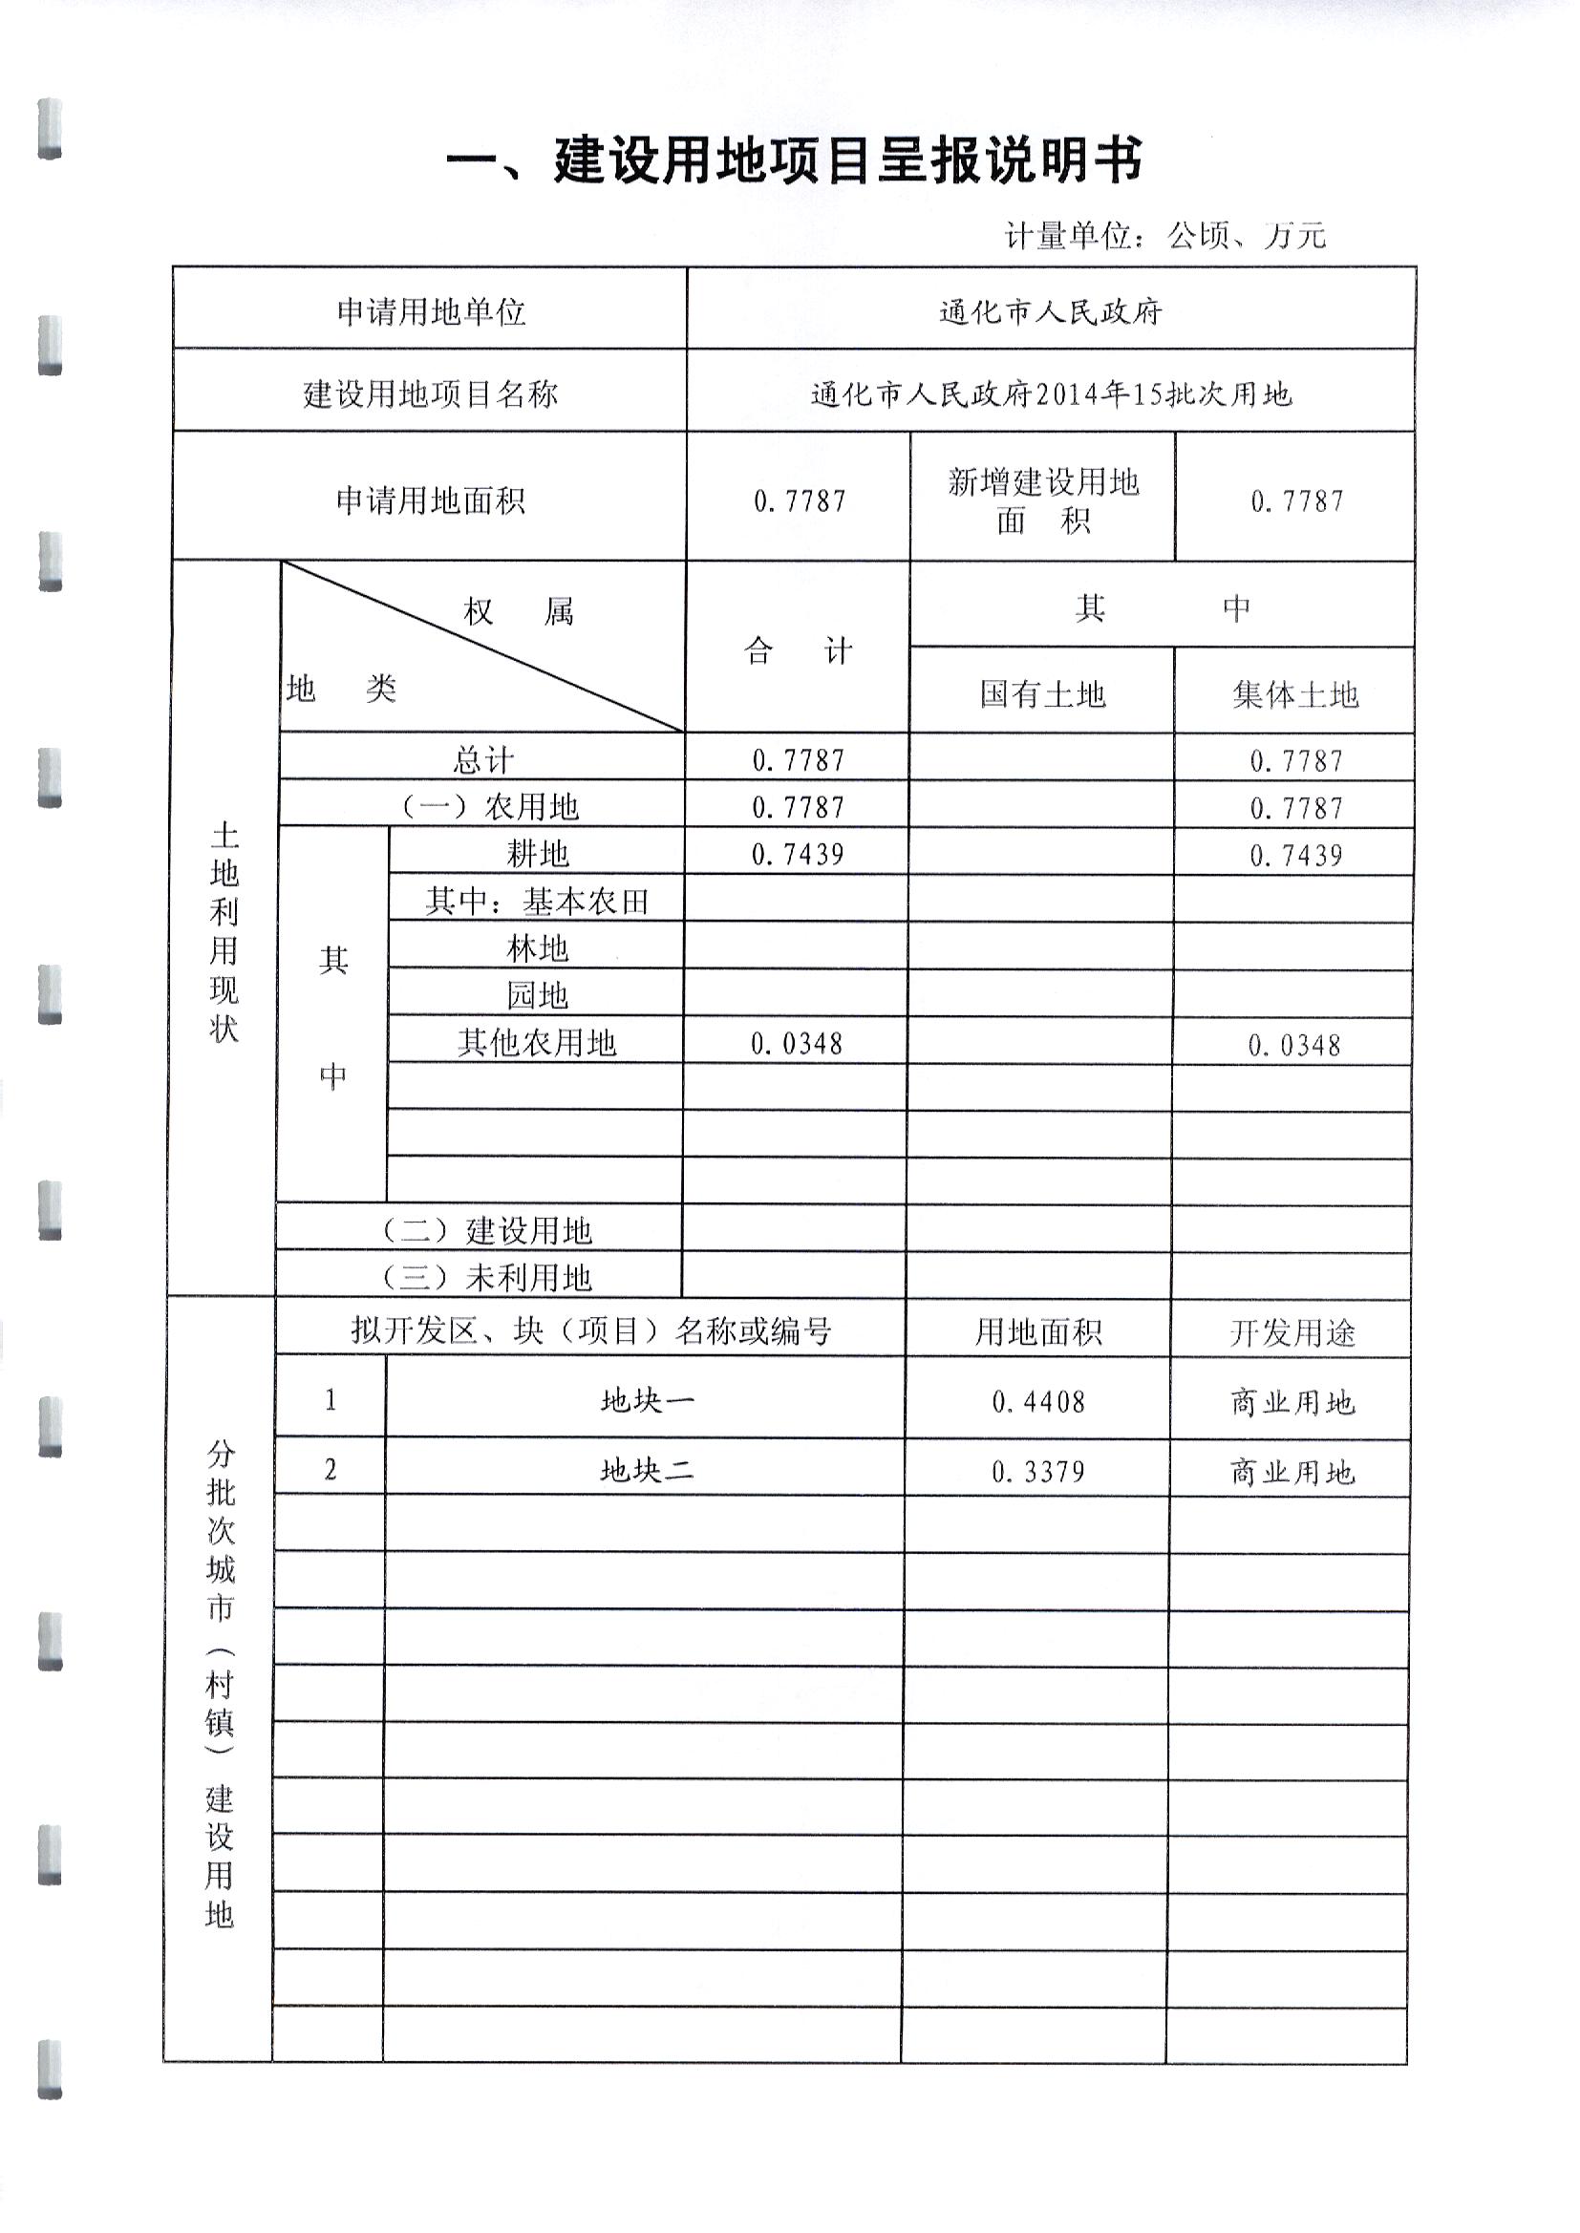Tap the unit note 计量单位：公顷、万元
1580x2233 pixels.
point(1164,235)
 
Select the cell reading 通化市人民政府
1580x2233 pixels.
point(1050,312)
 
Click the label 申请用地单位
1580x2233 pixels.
point(430,312)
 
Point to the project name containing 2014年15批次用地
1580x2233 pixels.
point(1050,393)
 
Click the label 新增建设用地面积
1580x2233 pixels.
point(1042,500)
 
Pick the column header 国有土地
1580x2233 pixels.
point(1042,694)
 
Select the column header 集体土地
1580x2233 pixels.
point(1294,694)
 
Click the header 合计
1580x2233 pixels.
point(798,650)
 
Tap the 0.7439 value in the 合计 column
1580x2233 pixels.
point(798,855)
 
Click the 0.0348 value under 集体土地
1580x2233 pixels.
point(1294,1046)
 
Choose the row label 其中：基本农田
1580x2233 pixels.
point(537,902)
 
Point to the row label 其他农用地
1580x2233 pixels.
point(537,1043)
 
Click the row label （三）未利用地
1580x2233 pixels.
point(484,1277)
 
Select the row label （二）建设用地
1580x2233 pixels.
point(484,1230)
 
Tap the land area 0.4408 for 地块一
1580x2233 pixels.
point(1038,1401)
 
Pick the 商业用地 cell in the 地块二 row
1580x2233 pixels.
point(1292,1473)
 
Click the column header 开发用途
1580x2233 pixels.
point(1292,1332)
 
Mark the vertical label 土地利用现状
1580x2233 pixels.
point(224,932)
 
